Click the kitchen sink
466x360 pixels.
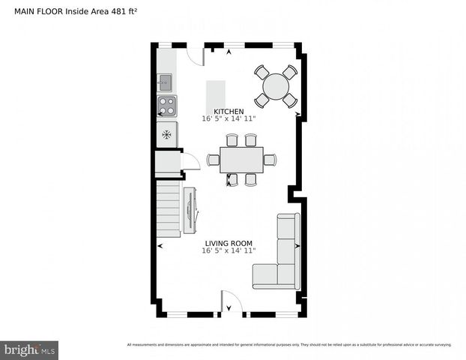[x=165, y=82]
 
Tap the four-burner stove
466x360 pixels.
[x=166, y=106]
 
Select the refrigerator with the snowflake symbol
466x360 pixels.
[x=166, y=134]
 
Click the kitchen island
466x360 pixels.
[x=217, y=91]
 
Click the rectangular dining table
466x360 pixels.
[x=241, y=159]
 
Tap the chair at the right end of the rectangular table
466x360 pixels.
[x=270, y=159]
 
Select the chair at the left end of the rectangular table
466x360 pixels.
[x=214, y=159]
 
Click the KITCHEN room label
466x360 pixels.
[x=229, y=111]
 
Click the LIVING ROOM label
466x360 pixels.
[x=229, y=243]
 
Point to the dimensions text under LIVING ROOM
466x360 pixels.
[x=229, y=250]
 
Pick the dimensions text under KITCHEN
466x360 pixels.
[x=229, y=118]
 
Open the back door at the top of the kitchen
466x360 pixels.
[x=194, y=55]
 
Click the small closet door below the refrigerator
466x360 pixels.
[x=189, y=161]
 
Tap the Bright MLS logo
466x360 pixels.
[x=30, y=349]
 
